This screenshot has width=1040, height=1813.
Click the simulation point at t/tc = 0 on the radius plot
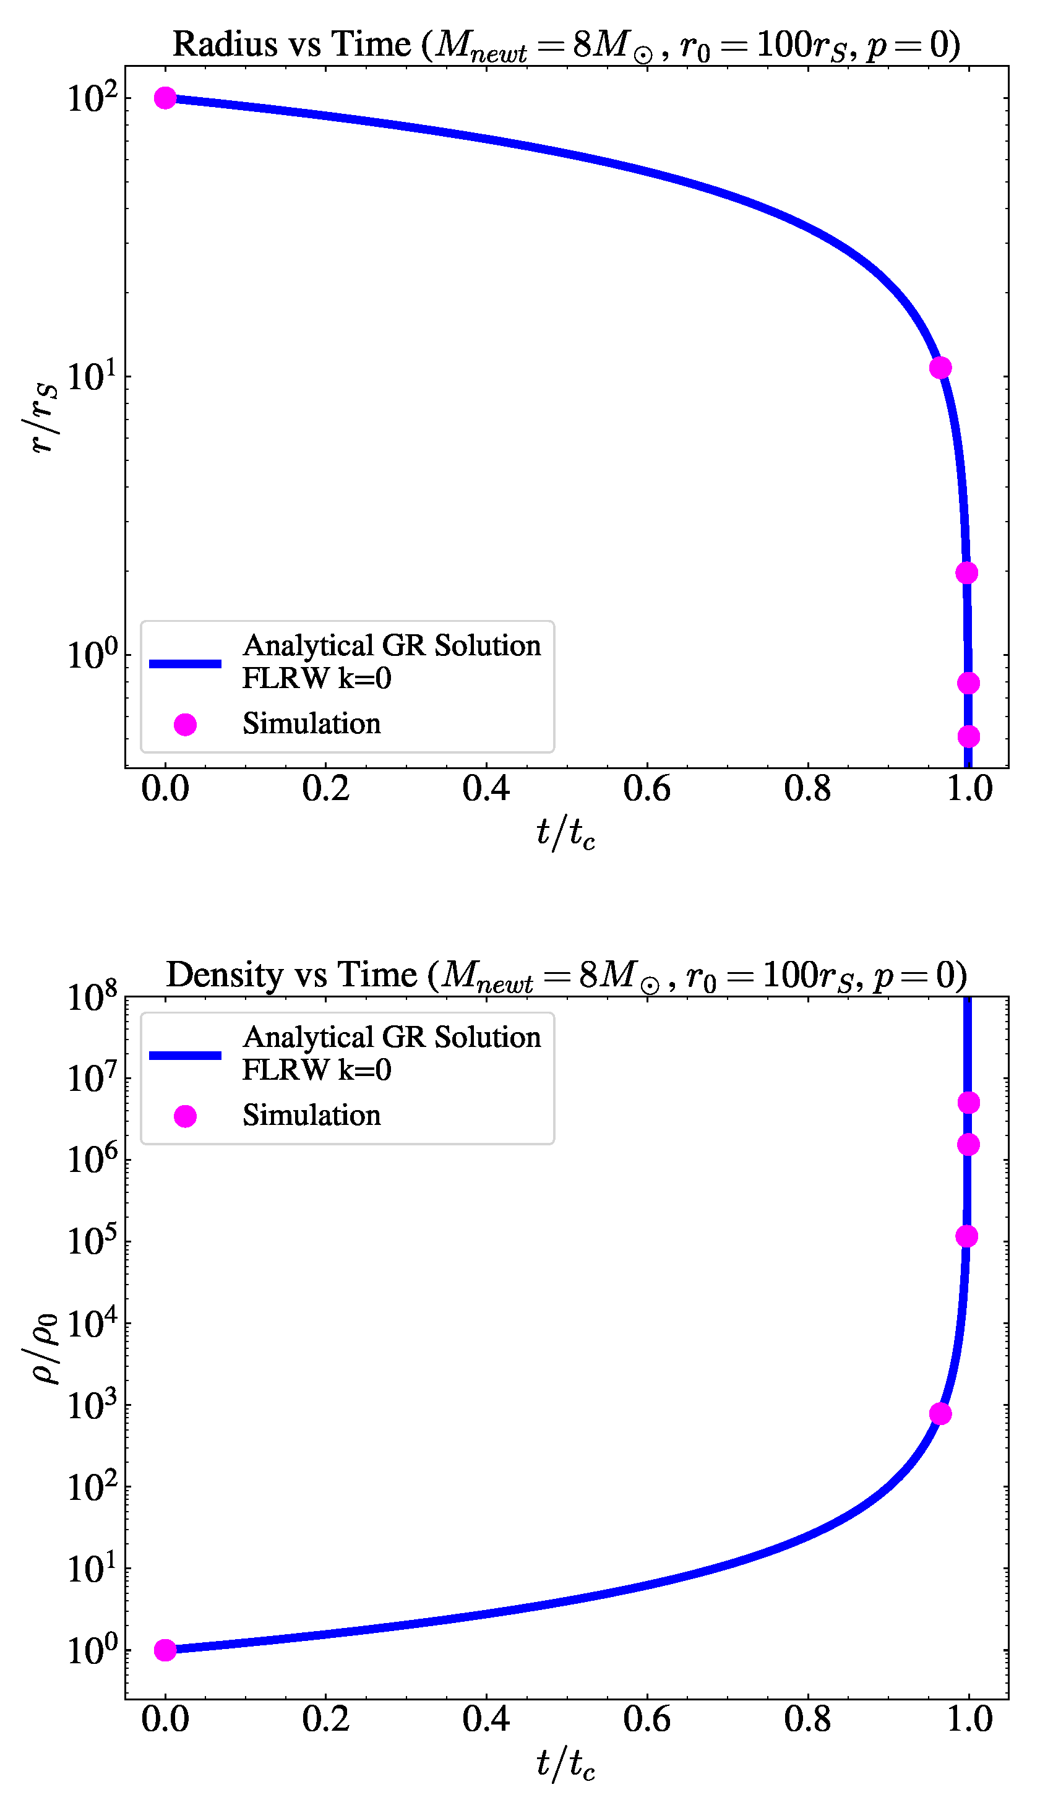click(x=165, y=98)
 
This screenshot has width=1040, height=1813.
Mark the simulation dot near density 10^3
click(x=940, y=1413)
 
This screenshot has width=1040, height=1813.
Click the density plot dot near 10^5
click(x=966, y=1236)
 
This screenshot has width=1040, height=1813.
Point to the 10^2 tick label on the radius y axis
click(x=92, y=98)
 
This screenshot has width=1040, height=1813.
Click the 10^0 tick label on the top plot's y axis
click(x=92, y=654)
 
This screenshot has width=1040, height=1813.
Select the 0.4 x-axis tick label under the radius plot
click(x=486, y=790)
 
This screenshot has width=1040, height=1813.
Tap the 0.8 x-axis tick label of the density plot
click(x=807, y=1719)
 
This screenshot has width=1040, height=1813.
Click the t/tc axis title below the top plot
click(x=565, y=833)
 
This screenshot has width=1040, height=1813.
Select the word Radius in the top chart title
click(x=225, y=45)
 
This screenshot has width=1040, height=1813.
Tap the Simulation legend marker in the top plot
click(x=185, y=725)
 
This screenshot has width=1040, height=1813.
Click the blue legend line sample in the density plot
click(x=185, y=1054)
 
